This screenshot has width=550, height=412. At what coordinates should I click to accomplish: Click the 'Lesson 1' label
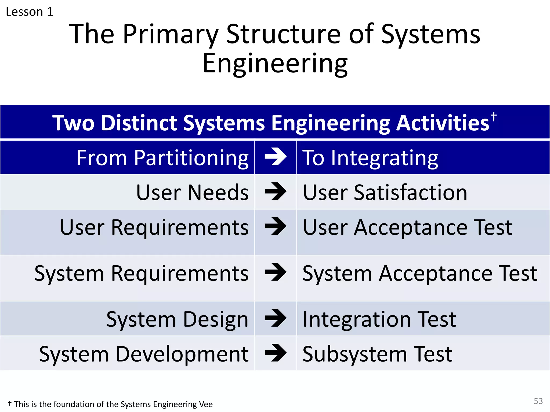click(30, 12)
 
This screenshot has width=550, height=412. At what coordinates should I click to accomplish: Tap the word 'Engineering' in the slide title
click(275, 64)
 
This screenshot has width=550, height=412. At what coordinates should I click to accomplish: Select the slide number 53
click(538, 401)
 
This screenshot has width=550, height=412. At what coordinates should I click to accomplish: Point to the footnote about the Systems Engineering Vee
click(110, 404)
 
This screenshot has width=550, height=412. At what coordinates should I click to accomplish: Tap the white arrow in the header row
click(276, 157)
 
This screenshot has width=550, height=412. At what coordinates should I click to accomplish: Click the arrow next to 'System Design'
click(276, 318)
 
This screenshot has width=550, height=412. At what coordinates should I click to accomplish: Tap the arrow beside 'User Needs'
click(276, 192)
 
